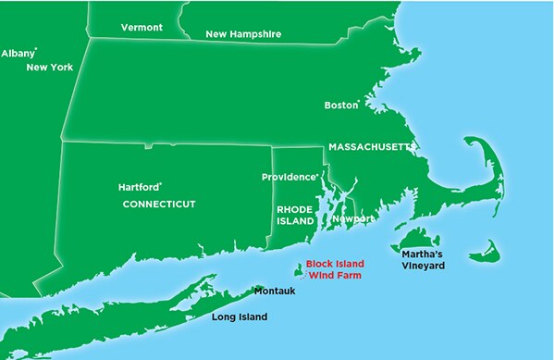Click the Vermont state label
(x=142, y=28)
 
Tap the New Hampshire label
(x=243, y=34)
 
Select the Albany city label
(x=18, y=54)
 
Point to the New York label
(x=50, y=67)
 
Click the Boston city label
(x=339, y=105)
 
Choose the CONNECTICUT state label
(x=159, y=204)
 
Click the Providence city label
(x=289, y=177)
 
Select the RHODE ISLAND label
(x=295, y=216)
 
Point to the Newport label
(x=353, y=218)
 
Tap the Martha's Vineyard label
(x=423, y=259)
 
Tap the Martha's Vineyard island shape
(x=417, y=240)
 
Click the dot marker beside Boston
(x=359, y=102)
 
